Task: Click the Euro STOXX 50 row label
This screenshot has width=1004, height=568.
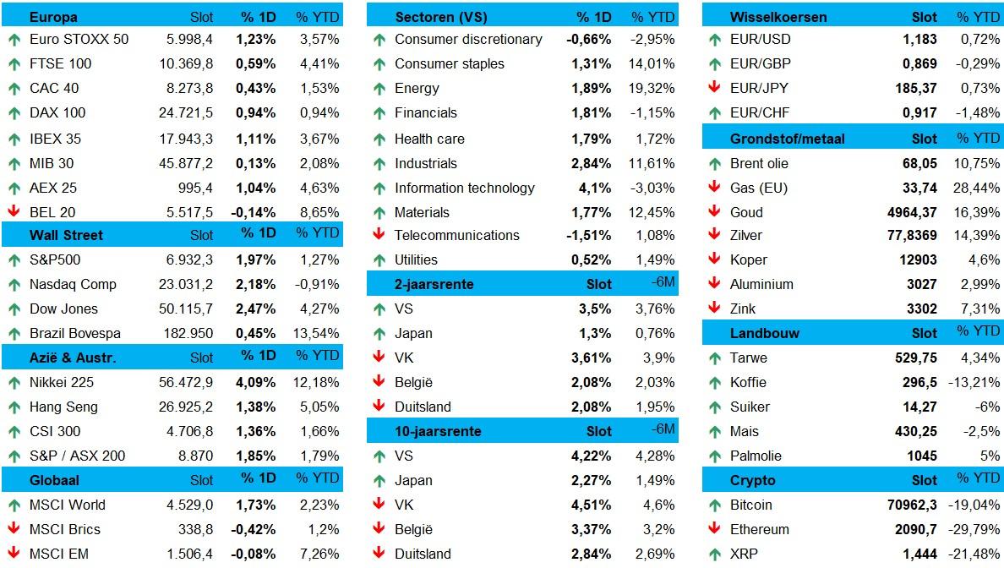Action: point(79,39)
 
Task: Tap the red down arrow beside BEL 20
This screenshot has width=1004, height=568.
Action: point(14,212)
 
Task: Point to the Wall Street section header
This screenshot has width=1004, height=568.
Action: point(55,235)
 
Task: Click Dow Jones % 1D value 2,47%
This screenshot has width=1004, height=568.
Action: point(255,309)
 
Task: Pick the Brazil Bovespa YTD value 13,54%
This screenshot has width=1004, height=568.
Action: point(319,333)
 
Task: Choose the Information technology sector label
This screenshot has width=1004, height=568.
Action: point(464,188)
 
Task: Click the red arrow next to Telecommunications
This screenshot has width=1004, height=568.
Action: point(379,235)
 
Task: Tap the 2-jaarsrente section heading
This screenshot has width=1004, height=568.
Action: point(434,284)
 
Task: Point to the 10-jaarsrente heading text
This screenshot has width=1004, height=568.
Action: point(438,431)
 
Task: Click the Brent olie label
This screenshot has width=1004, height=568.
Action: point(759,163)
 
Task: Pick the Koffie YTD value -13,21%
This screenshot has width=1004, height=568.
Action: point(976,382)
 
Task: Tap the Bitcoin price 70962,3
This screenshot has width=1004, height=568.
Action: point(909,505)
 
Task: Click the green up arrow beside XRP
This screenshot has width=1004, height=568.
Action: point(714,554)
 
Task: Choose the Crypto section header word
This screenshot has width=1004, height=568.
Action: point(752,480)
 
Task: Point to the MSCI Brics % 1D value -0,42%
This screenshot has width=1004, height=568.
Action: point(253,529)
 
